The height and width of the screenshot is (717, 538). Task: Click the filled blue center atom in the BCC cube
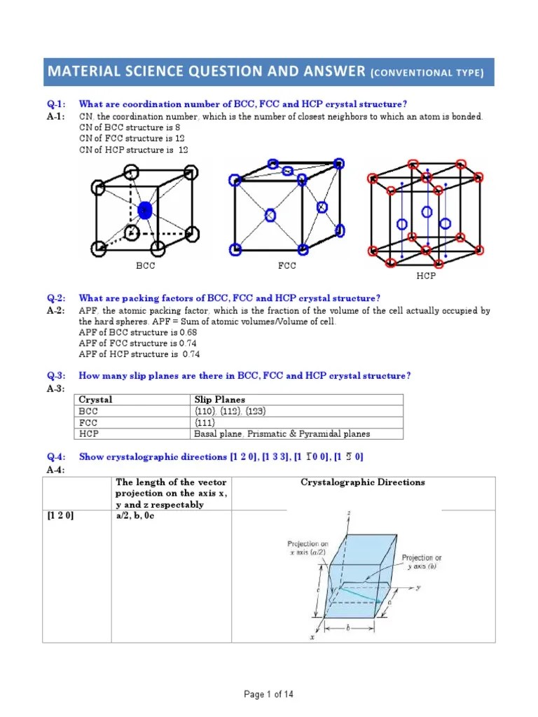(145, 210)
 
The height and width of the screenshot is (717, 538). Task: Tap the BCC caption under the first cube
(145, 266)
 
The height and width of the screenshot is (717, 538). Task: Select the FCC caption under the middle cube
(287, 266)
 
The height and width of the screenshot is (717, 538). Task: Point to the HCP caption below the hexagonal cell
(426, 276)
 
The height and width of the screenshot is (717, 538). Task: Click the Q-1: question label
(55, 104)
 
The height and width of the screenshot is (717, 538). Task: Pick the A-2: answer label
(55, 310)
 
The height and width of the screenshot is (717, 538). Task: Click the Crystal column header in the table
(95, 400)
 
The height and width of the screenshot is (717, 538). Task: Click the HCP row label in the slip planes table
(89, 433)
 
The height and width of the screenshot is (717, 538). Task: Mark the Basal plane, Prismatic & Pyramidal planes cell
(282, 433)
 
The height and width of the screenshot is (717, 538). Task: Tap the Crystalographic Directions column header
(362, 482)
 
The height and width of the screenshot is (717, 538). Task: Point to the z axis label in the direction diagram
(349, 514)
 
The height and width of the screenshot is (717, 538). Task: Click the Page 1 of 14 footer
(268, 694)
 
